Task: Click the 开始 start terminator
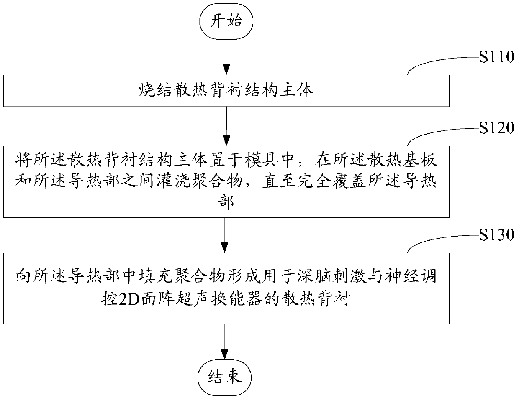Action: click(226, 22)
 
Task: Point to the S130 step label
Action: click(496, 235)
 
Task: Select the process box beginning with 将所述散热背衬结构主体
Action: click(226, 181)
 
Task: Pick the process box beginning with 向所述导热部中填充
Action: click(226, 288)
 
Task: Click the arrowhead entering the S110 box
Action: click(226, 71)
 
